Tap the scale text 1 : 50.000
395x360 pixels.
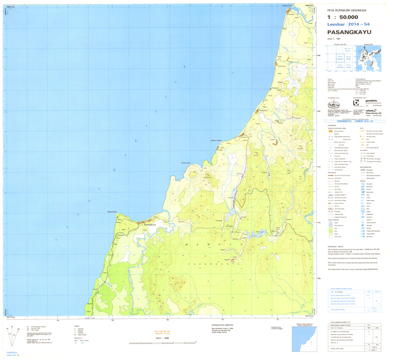coord(343,17)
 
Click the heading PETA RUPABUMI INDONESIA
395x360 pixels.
coord(344,10)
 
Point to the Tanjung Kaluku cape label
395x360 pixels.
coord(113,212)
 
